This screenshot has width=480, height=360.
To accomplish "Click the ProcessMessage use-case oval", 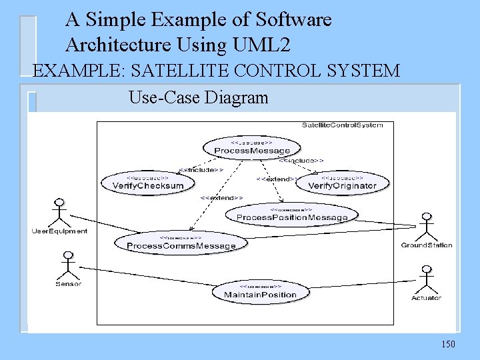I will [243, 148].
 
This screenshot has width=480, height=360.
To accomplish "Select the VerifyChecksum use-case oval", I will [148, 183].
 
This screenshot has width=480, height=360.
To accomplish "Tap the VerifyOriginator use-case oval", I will [342, 183].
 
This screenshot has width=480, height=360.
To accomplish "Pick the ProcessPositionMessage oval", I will [292, 215].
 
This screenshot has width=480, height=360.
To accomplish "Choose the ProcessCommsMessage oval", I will [181, 243].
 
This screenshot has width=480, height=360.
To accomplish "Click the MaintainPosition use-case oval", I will [260, 291].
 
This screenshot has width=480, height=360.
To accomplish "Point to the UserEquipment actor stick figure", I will [60, 212].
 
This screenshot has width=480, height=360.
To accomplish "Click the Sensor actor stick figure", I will [67, 265].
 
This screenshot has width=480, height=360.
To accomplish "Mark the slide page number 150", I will [448, 344].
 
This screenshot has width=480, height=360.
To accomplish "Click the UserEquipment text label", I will [59, 231].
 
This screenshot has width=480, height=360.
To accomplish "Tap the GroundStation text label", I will [426, 245].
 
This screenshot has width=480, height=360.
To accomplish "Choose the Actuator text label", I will [426, 298].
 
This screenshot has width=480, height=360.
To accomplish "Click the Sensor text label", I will [68, 284].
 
